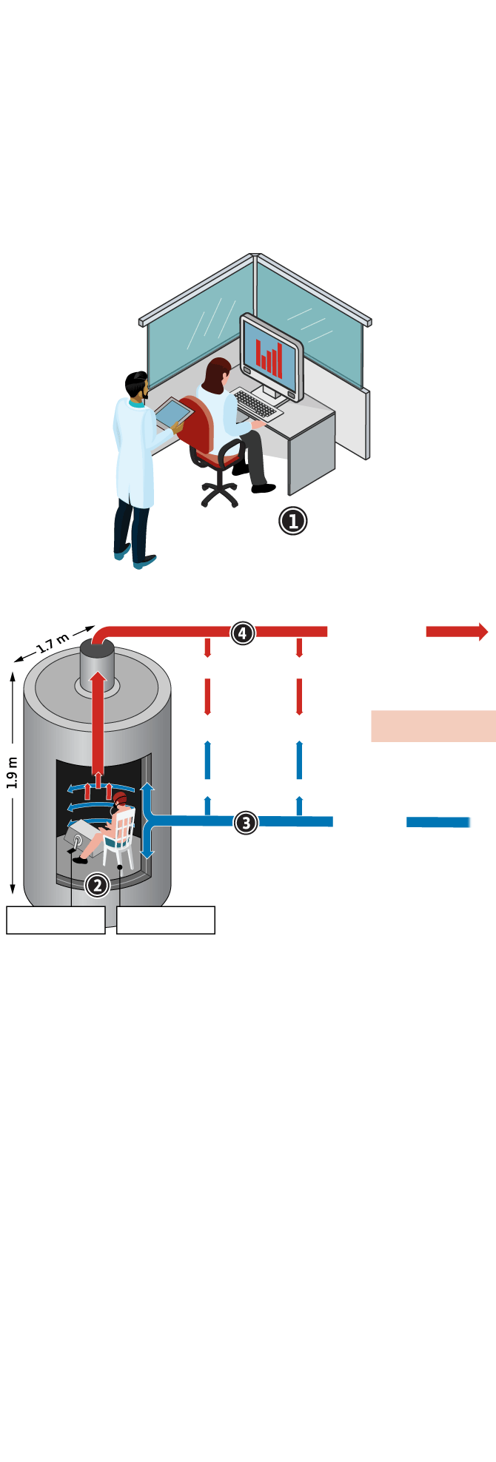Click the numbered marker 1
pos(292,521)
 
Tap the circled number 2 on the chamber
pos(97,885)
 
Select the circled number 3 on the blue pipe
pos(246,822)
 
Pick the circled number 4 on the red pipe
pos(243,633)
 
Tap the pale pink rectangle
pos(433,726)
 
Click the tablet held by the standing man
pos(172,413)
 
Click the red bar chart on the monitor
pos(269,356)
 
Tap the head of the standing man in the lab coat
pos(137,385)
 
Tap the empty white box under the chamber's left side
pos(56,920)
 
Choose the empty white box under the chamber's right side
pos(166,920)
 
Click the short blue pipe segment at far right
pos(438,822)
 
